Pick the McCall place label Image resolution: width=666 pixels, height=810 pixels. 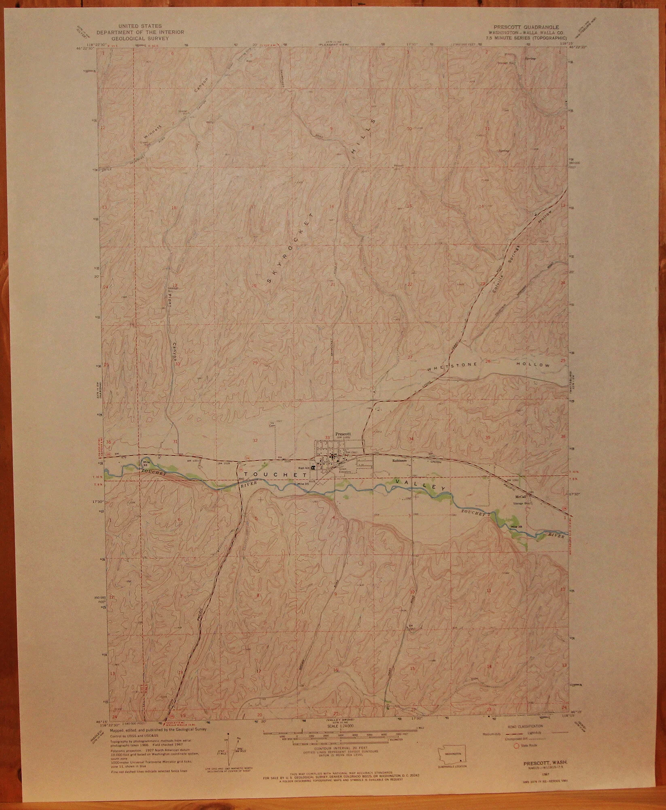pos(520,497)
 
